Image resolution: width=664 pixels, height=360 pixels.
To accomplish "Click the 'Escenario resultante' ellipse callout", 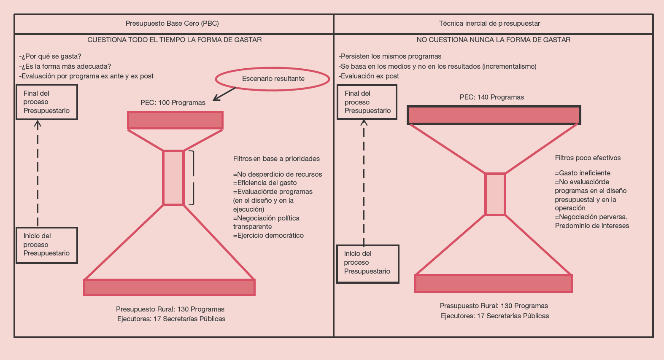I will point(273,79).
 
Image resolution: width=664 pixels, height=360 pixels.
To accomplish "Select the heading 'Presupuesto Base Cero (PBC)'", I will point(172,24).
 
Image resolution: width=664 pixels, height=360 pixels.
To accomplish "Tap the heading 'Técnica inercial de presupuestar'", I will point(489,24).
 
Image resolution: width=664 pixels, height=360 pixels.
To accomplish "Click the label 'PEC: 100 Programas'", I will point(173,102).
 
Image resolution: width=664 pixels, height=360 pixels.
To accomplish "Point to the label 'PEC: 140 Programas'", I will point(492,97).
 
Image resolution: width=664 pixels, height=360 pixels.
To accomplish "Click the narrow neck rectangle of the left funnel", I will point(173,177).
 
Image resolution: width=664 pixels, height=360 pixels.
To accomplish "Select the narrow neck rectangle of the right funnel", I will point(495,194).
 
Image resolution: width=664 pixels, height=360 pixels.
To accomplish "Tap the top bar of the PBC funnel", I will point(175,120).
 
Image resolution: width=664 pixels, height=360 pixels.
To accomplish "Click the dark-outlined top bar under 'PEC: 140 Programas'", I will point(494,115).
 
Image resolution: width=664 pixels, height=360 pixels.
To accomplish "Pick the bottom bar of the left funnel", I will point(169,287).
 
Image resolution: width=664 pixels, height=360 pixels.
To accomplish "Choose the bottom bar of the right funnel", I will point(493,283).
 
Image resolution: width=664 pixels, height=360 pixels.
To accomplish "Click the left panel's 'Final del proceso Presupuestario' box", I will point(47,102).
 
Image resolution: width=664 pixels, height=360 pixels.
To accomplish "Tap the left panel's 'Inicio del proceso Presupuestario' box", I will point(47,245).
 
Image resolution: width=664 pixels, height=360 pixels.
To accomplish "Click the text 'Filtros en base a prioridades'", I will point(276,159).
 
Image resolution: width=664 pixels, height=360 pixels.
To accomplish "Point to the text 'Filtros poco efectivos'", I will point(588,158).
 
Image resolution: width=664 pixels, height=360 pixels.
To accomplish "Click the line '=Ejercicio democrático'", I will point(268,236).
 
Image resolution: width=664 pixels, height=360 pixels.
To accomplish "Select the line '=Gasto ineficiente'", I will point(582,173).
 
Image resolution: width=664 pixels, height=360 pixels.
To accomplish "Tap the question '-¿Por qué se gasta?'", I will point(50,56).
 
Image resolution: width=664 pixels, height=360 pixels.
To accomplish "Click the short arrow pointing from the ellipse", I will point(224,94).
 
